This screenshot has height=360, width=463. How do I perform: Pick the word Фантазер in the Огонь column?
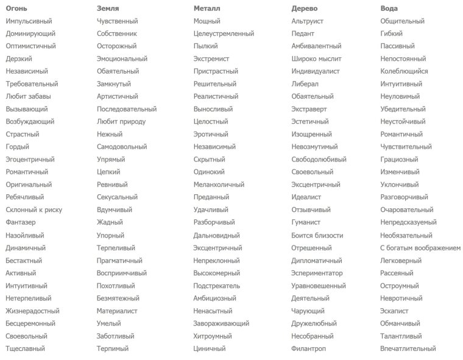click(x=21, y=222)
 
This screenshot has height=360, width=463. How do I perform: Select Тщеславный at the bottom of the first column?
click(x=25, y=348)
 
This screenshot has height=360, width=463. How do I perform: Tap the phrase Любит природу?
click(x=121, y=122)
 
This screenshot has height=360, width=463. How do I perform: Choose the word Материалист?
click(x=117, y=311)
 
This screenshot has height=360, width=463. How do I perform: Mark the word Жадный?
click(x=110, y=222)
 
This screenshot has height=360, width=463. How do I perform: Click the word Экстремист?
click(x=211, y=59)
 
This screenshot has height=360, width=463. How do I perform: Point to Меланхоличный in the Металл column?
click(x=219, y=185)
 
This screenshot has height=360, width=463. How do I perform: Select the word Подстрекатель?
click(x=216, y=286)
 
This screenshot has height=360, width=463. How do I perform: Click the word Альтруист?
click(x=307, y=21)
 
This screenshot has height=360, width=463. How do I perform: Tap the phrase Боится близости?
click(x=317, y=235)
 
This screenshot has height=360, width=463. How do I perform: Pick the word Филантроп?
click(x=308, y=348)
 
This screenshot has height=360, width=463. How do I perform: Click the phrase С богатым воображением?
click(x=420, y=248)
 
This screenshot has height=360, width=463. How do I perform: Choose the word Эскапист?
click(x=396, y=311)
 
